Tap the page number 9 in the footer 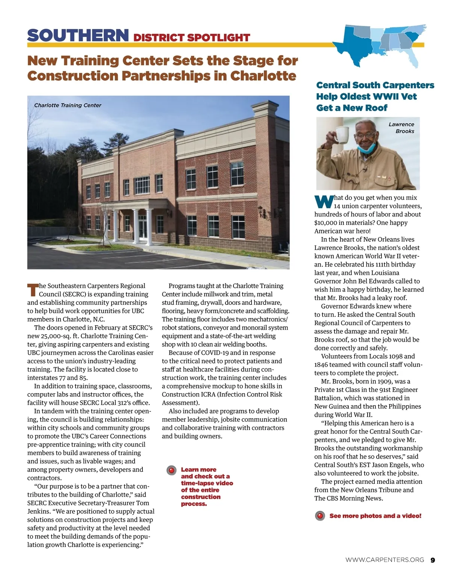click(x=433, y=560)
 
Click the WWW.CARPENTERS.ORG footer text click(x=384, y=560)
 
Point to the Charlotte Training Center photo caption click(x=68, y=105)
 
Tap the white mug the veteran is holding click(x=342, y=135)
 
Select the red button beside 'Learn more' click(x=171, y=470)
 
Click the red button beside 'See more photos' click(x=320, y=516)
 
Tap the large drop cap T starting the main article click(x=32, y=290)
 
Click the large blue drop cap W click(x=324, y=202)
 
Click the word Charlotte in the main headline click(x=263, y=76)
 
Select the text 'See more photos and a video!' click(x=375, y=516)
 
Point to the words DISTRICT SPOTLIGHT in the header click(x=192, y=38)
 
